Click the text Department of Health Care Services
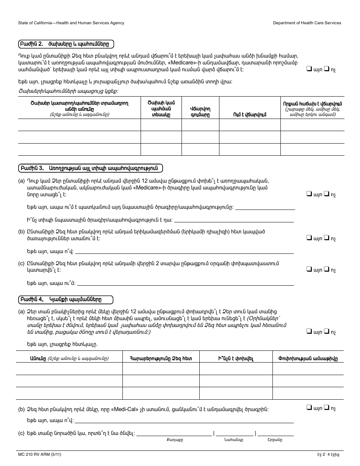[307, 23]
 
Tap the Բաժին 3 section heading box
[90, 167]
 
